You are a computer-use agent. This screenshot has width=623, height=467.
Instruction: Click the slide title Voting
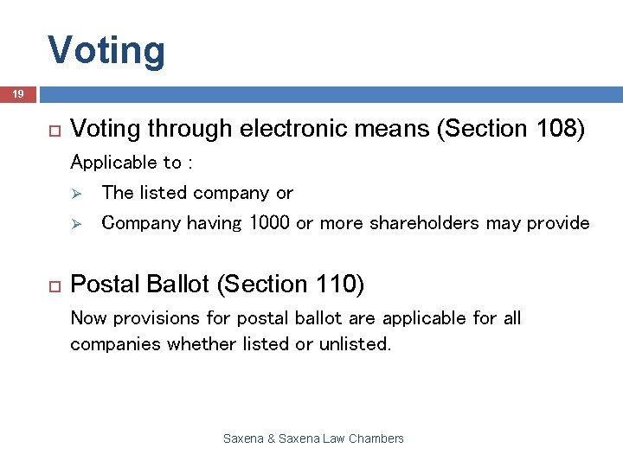pyautogui.click(x=106, y=50)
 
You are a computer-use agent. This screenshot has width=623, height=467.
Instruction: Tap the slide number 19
pyautogui.click(x=17, y=93)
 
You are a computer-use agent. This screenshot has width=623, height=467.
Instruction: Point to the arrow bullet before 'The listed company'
pyautogui.click(x=76, y=193)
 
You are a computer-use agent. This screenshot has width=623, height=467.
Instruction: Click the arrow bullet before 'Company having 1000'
pyautogui.click(x=76, y=223)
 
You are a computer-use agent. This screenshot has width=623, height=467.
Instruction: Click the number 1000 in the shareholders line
pyautogui.click(x=269, y=223)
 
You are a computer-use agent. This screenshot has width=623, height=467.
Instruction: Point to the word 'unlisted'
pyautogui.click(x=354, y=343)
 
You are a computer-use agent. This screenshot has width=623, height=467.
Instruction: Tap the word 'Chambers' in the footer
pyautogui.click(x=376, y=438)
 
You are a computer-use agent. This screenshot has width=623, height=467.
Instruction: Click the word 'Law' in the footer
pyautogui.click(x=334, y=438)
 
